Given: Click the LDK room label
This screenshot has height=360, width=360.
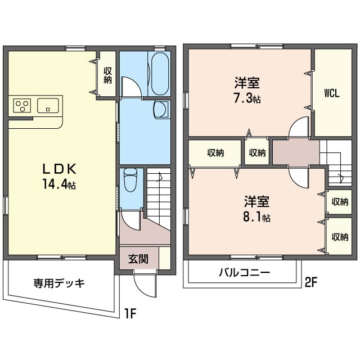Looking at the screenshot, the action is [x=60, y=169].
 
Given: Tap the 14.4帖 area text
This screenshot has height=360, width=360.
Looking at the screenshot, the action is [x=59, y=184].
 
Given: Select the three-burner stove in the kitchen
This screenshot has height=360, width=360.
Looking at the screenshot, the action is [x=22, y=106].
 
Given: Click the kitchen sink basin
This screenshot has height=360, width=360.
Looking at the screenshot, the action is [x=48, y=105].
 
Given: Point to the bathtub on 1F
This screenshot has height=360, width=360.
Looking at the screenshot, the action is [x=160, y=74].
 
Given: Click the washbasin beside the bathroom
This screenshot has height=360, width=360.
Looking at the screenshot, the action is [x=161, y=109].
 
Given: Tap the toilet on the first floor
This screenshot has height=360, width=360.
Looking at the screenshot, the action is [x=130, y=180].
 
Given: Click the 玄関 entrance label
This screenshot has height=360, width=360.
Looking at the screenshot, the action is [x=138, y=259].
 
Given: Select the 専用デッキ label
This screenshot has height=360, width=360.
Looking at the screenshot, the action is [x=59, y=283].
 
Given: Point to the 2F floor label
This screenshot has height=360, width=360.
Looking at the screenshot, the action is [x=311, y=282].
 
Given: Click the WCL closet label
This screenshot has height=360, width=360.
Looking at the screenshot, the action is [x=332, y=93].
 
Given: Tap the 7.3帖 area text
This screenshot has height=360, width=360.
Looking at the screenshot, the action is [x=247, y=99].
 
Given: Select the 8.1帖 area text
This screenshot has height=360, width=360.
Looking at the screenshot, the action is [x=256, y=217].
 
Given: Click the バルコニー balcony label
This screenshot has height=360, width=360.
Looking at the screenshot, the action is [x=245, y=272].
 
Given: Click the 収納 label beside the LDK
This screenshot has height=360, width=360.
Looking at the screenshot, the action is [x=107, y=75].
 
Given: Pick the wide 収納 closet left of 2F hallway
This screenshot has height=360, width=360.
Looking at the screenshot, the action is [x=215, y=152].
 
